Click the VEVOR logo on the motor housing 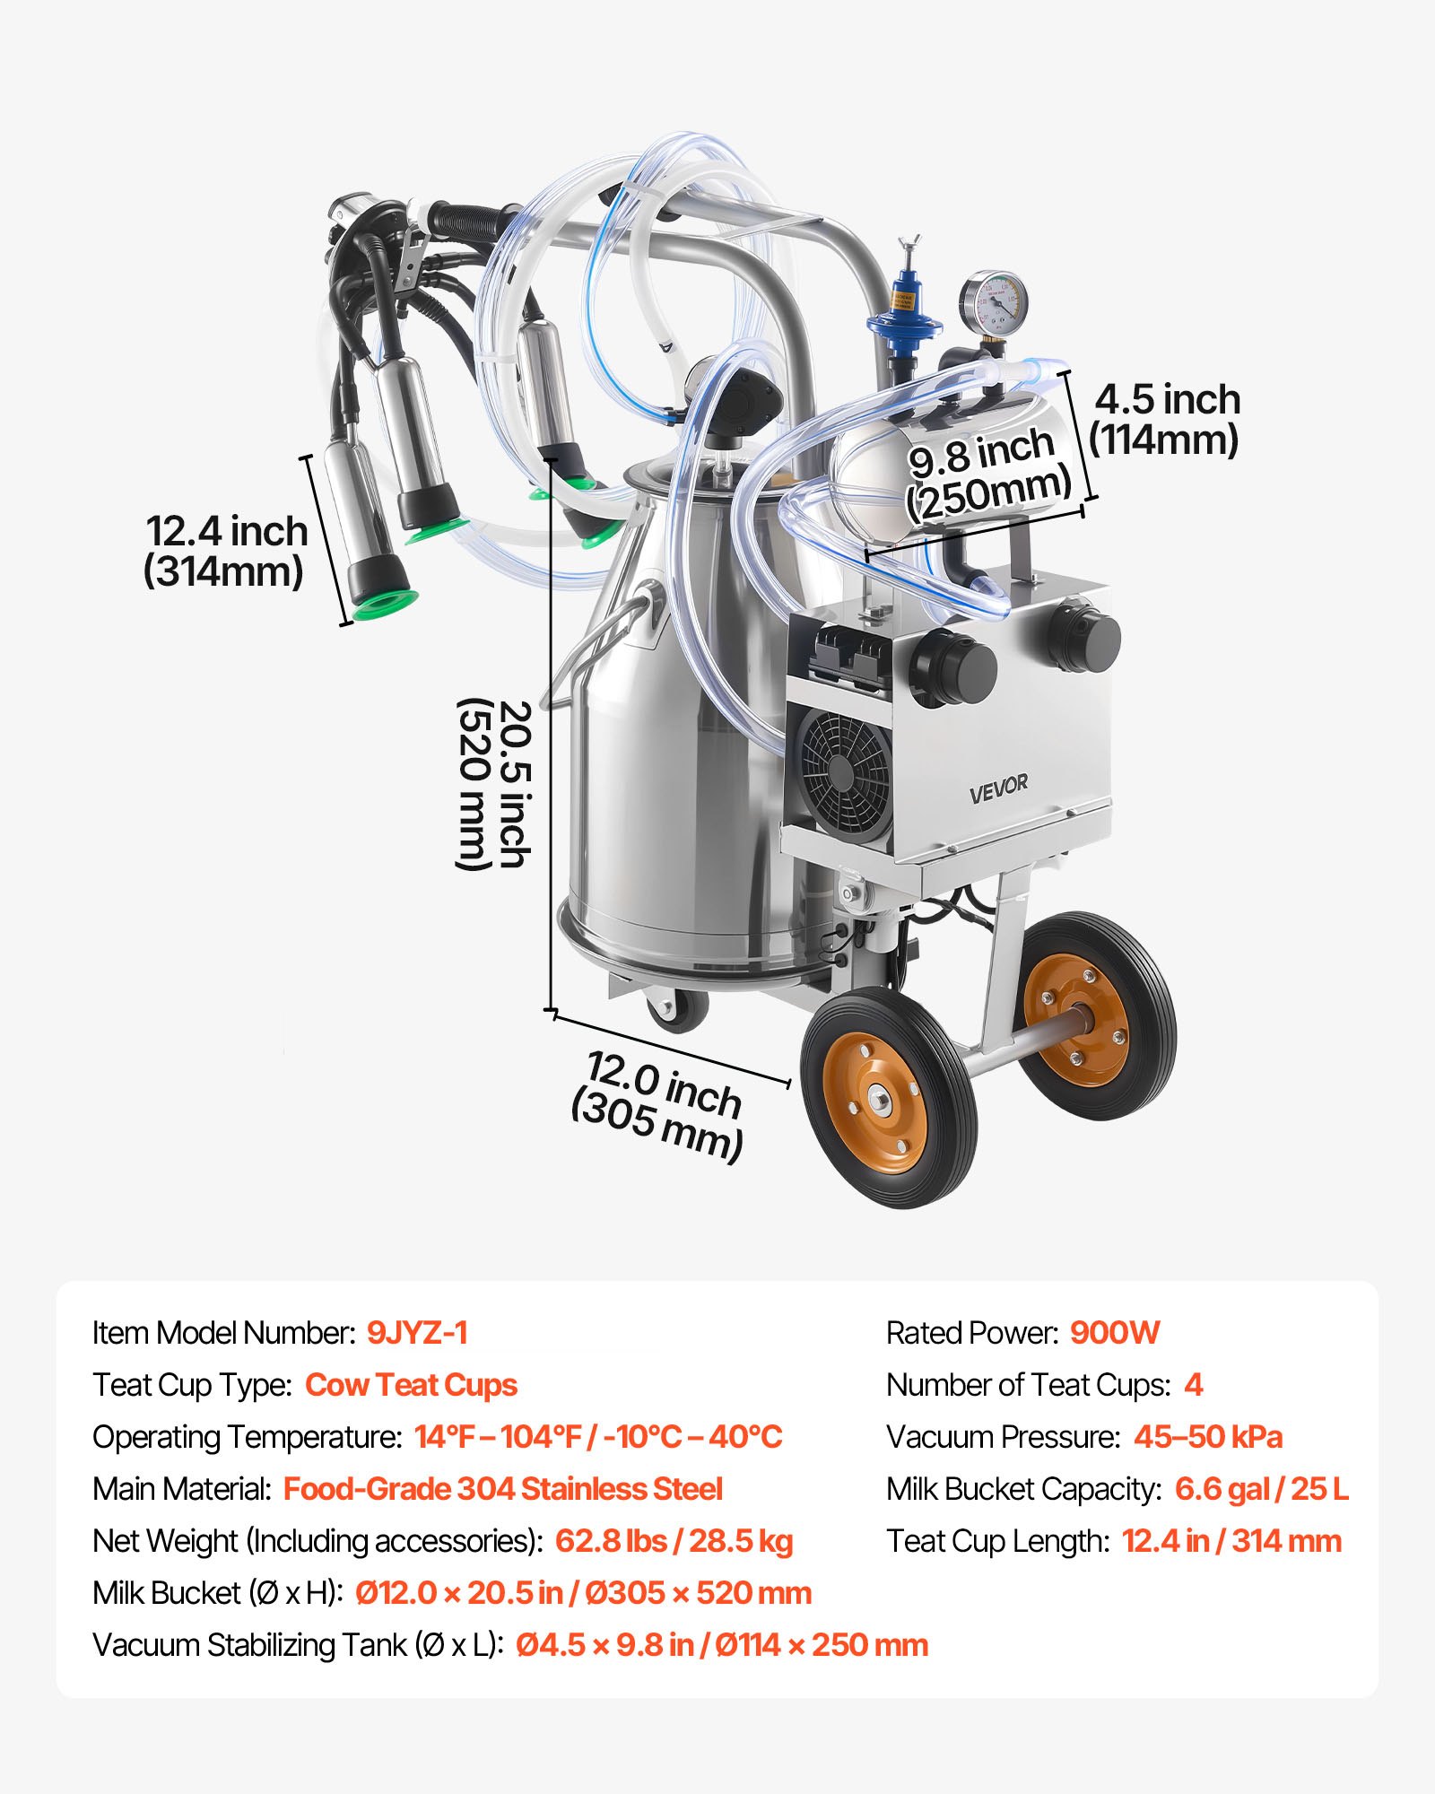click(x=998, y=787)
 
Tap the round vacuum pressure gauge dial click(x=993, y=304)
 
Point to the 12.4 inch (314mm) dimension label click(x=226, y=551)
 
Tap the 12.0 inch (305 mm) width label click(x=659, y=1106)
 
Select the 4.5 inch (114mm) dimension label click(x=1165, y=419)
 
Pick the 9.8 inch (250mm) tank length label click(x=986, y=472)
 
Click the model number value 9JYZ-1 click(x=417, y=1333)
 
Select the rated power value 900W click(x=1115, y=1333)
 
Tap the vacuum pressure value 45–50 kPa click(x=1207, y=1437)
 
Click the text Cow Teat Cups click(x=411, y=1385)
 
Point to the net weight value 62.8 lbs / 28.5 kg click(x=674, y=1541)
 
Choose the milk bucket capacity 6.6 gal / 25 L click(x=1261, y=1489)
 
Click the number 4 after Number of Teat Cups click(x=1193, y=1385)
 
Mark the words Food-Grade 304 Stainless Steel click(x=502, y=1489)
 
